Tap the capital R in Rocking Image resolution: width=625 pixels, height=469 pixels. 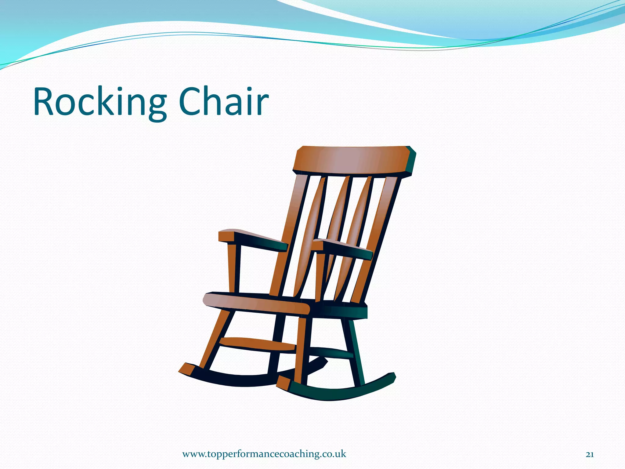46,102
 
